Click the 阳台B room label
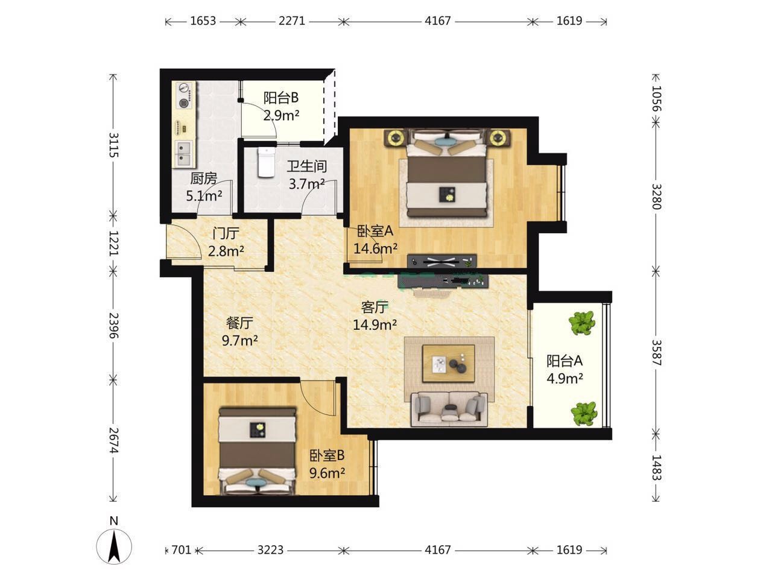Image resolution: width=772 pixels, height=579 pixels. pyautogui.click(x=280, y=98)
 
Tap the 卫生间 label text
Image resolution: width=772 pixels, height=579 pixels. pyautogui.click(x=307, y=166)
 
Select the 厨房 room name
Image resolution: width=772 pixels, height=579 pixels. pyautogui.click(x=203, y=179)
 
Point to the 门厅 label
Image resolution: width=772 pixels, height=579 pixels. pyautogui.click(x=226, y=233)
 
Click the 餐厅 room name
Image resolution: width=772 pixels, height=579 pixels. pyautogui.click(x=239, y=323)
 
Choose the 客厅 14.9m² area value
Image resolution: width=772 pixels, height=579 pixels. pyautogui.click(x=375, y=324)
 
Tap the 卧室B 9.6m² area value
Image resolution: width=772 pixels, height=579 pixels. pyautogui.click(x=327, y=473)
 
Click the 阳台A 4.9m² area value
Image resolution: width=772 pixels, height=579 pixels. pyautogui.click(x=565, y=378)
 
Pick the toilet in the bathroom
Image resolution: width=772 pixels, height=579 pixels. pyautogui.click(x=266, y=162)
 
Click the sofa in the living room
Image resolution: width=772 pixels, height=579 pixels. pyautogui.click(x=449, y=409)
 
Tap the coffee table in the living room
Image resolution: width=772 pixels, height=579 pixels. pyautogui.click(x=449, y=363)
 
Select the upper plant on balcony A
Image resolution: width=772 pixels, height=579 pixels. pyautogui.click(x=582, y=323)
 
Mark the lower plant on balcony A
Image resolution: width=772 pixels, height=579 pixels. pyautogui.click(x=584, y=413)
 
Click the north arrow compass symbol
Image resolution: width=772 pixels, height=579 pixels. pyautogui.click(x=114, y=547)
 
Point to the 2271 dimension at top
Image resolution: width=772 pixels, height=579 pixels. pyautogui.click(x=292, y=21)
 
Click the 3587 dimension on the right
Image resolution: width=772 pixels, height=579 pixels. pyautogui.click(x=656, y=353)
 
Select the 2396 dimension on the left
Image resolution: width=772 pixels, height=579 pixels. pyautogui.click(x=114, y=325)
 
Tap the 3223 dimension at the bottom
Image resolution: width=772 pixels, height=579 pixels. pyautogui.click(x=270, y=549)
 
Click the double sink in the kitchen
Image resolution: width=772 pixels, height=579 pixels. pyautogui.click(x=183, y=153)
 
